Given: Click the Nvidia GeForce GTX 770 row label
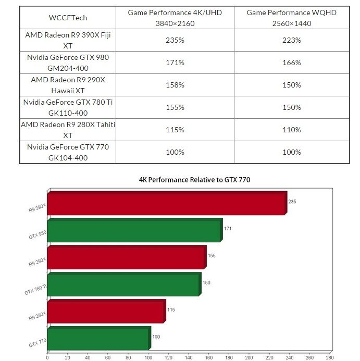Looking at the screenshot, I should (x=67, y=152).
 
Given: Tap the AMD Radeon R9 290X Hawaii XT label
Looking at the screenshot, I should (x=67, y=85).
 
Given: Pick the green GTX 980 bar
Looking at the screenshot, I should (x=134, y=231).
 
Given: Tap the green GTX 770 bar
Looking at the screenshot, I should (x=98, y=339).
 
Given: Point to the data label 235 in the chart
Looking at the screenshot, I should (x=292, y=201).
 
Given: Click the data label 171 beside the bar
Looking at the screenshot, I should (x=228, y=228).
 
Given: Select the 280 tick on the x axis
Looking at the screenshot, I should (x=330, y=357).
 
